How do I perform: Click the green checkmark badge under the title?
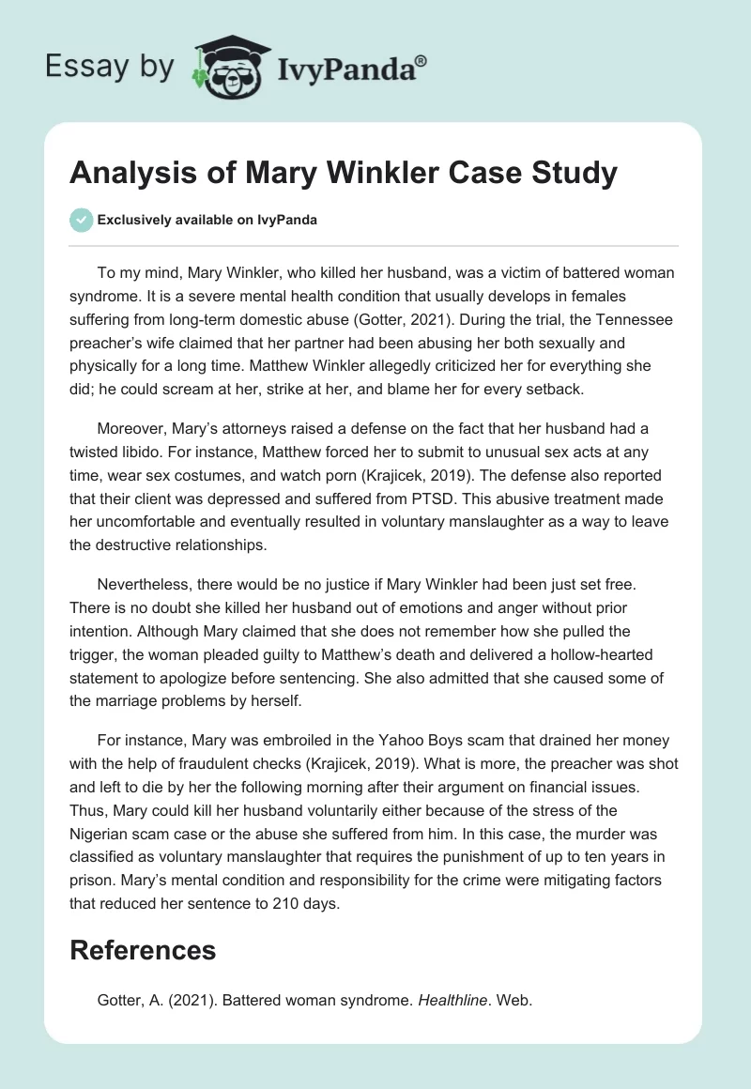point(82,220)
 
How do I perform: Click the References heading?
point(143,950)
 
